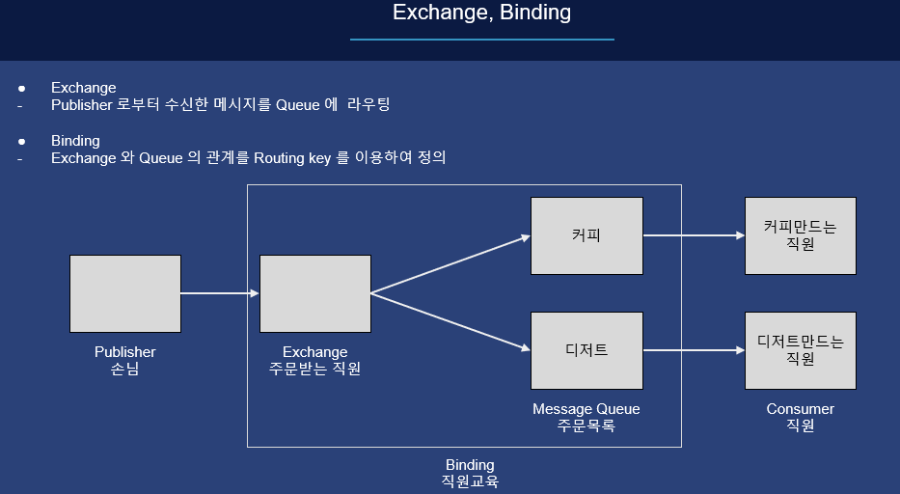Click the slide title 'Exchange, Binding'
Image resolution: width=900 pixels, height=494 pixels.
481,13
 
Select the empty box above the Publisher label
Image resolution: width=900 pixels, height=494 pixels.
125,293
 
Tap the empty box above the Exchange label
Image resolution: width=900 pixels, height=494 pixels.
315,293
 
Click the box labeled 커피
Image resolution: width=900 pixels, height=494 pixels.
586,235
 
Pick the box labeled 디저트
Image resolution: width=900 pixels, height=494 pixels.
586,350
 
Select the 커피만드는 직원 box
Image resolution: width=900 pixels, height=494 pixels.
800,235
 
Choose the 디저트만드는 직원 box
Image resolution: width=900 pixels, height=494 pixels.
800,350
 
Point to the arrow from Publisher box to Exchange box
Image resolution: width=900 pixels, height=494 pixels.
220,293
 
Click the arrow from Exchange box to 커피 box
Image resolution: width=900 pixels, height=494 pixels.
450,263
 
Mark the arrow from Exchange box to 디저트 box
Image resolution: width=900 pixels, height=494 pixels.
450,321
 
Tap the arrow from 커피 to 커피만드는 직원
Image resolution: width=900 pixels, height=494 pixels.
694,234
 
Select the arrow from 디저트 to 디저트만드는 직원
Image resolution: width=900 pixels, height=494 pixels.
694,350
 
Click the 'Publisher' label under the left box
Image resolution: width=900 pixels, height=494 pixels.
124,352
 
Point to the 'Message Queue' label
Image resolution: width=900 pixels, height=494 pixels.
586,409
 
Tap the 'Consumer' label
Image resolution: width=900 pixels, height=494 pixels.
800,409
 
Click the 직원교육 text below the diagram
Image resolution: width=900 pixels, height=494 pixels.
470,481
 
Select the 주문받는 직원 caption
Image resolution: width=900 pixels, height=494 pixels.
314,369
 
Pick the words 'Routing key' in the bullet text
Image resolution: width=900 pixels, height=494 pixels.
292,158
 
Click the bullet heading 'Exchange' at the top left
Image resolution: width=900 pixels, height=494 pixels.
83,88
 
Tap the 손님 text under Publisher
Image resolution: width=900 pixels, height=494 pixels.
124,369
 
